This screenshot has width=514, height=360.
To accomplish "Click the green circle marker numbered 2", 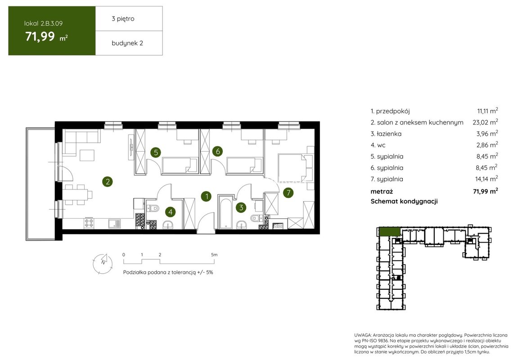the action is tap(107, 181).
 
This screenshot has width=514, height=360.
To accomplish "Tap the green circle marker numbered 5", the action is tap(156, 152).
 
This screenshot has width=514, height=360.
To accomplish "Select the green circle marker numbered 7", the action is tap(288, 193).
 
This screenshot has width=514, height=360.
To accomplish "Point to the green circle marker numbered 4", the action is tap(170, 212).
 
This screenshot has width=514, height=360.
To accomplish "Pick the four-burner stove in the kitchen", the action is tap(89, 223).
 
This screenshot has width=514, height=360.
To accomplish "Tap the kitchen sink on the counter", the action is tap(114, 224).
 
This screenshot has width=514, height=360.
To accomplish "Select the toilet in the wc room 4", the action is tap(153, 208).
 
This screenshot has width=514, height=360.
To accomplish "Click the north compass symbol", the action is tap(103, 263).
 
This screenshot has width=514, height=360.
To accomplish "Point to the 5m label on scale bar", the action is tap(214, 255).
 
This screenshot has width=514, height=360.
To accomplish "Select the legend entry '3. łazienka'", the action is tap(386, 134).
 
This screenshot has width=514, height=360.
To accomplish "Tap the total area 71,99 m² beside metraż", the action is tap(486, 191).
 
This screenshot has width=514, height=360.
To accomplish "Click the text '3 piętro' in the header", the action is tap(123, 19).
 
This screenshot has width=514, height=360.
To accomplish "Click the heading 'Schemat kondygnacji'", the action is tap(404, 201).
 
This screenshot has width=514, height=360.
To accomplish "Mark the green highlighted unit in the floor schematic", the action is tap(389, 231).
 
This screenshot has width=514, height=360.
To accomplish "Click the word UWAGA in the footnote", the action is tap(363, 335).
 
